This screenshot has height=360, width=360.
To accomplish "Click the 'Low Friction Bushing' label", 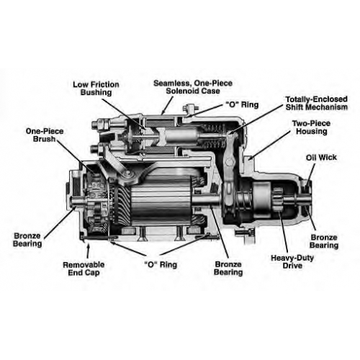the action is click(x=96, y=89).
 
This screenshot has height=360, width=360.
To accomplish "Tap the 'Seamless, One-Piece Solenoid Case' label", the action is click(x=193, y=87).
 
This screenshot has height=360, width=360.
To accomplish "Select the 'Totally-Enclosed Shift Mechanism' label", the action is click(x=316, y=103).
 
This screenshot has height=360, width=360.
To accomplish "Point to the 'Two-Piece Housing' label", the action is click(x=311, y=127).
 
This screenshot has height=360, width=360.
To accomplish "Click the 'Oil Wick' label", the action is click(x=321, y=158).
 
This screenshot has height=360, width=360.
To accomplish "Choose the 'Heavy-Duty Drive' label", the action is click(x=292, y=261).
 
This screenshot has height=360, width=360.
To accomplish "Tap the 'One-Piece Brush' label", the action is click(x=45, y=135).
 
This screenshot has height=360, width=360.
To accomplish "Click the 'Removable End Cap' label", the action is click(x=84, y=269).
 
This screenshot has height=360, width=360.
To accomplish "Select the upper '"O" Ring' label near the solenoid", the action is click(x=242, y=104).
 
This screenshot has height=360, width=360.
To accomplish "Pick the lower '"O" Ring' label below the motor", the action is click(x=161, y=264).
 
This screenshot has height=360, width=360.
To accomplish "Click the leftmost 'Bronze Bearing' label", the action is click(x=27, y=240).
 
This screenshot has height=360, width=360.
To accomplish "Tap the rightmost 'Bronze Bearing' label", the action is click(x=324, y=241).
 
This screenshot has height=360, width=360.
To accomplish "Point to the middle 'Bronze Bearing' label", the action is click(x=228, y=268).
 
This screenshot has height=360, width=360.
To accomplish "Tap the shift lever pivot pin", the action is click(x=230, y=162).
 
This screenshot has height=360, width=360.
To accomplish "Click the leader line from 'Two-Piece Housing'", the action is click(x=269, y=146).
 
